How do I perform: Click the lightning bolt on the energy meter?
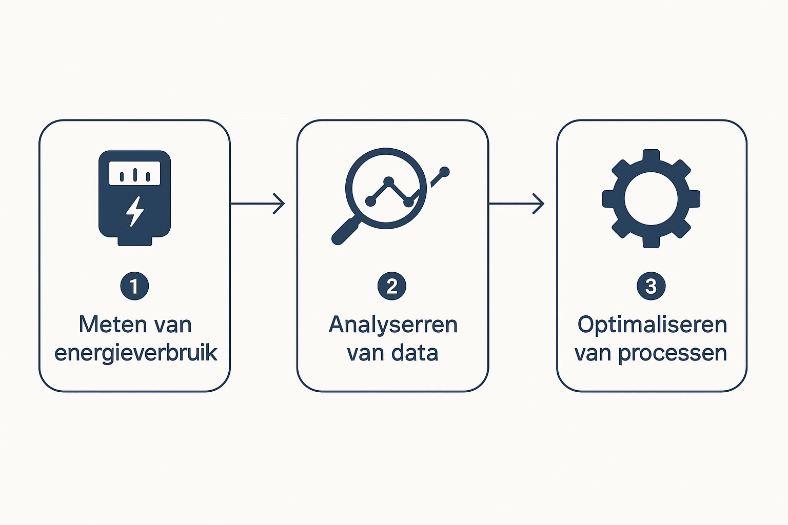[135, 211]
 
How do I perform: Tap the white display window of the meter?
[135, 173]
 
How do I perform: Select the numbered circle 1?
[135, 286]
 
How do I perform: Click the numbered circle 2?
[392, 286]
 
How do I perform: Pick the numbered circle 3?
[651, 286]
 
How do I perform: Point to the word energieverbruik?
[135, 353]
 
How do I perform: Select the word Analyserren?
[393, 325]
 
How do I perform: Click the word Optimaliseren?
[652, 325]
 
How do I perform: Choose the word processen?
[672, 353]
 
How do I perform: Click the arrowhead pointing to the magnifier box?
[279, 203]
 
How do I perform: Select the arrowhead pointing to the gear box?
[538, 203]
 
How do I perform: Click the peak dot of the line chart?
[389, 181]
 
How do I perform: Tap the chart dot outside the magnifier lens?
[445, 172]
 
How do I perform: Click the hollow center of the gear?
[651, 199]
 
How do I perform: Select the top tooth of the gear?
[651, 156]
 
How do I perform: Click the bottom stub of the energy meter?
[135, 241]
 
